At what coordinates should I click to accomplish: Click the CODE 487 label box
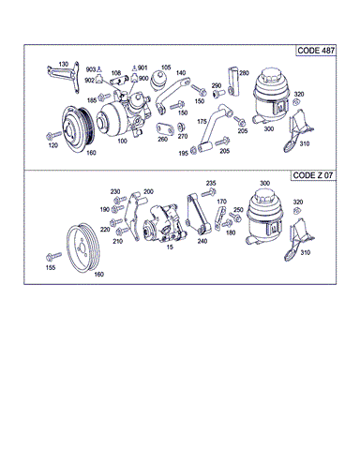pos(316,51)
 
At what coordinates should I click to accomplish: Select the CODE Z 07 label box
pos(313,175)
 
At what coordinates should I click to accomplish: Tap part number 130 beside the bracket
pos(64,64)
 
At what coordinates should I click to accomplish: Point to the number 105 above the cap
pos(166,67)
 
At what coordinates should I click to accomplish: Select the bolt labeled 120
pos(53,136)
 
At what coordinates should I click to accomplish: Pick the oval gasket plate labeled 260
pos(165,128)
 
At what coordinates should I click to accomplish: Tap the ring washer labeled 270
pos(181,127)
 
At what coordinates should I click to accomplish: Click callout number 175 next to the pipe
pos(202,121)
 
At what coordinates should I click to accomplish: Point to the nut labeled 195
pos(193,150)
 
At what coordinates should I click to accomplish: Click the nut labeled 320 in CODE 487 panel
pos(296,102)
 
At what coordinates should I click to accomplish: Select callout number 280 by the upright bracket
pos(244,73)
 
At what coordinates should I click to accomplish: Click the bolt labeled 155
pos(53,257)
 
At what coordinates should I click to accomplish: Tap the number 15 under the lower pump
pos(170,247)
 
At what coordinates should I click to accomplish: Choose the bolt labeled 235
pos(208,192)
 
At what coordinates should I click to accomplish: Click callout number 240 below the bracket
pos(202,241)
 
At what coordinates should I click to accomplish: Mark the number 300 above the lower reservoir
pos(264,183)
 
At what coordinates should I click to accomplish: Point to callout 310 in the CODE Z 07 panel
pos(305,252)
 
